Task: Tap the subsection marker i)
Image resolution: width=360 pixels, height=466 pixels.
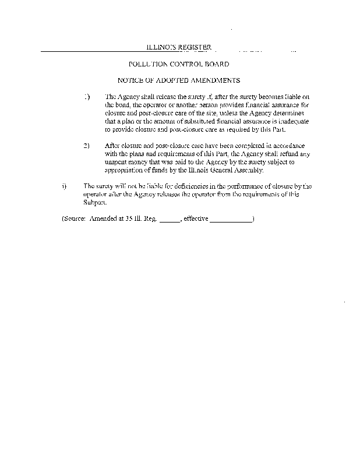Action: point(64,186)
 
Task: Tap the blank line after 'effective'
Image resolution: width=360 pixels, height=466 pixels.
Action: point(231,220)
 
